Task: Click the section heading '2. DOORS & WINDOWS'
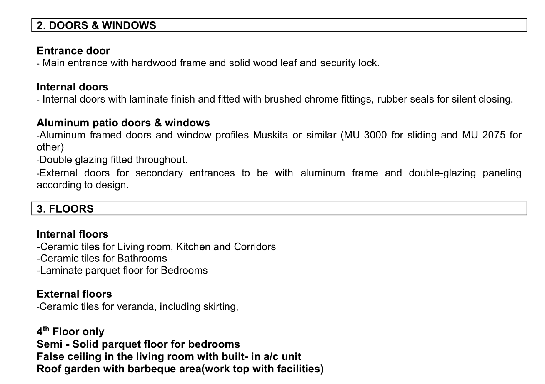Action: (96, 25)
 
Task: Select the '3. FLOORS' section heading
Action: (65, 209)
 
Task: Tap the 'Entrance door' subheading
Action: (73, 51)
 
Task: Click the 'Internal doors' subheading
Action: (72, 87)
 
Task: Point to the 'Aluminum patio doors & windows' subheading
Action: (123, 123)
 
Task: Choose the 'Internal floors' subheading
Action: (72, 234)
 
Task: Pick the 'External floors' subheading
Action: (74, 294)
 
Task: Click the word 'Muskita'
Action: (270, 136)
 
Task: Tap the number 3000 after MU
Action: (375, 136)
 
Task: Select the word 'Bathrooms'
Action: (142, 259)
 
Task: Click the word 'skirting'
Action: (220, 307)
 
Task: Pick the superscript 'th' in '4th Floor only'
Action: (46, 329)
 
